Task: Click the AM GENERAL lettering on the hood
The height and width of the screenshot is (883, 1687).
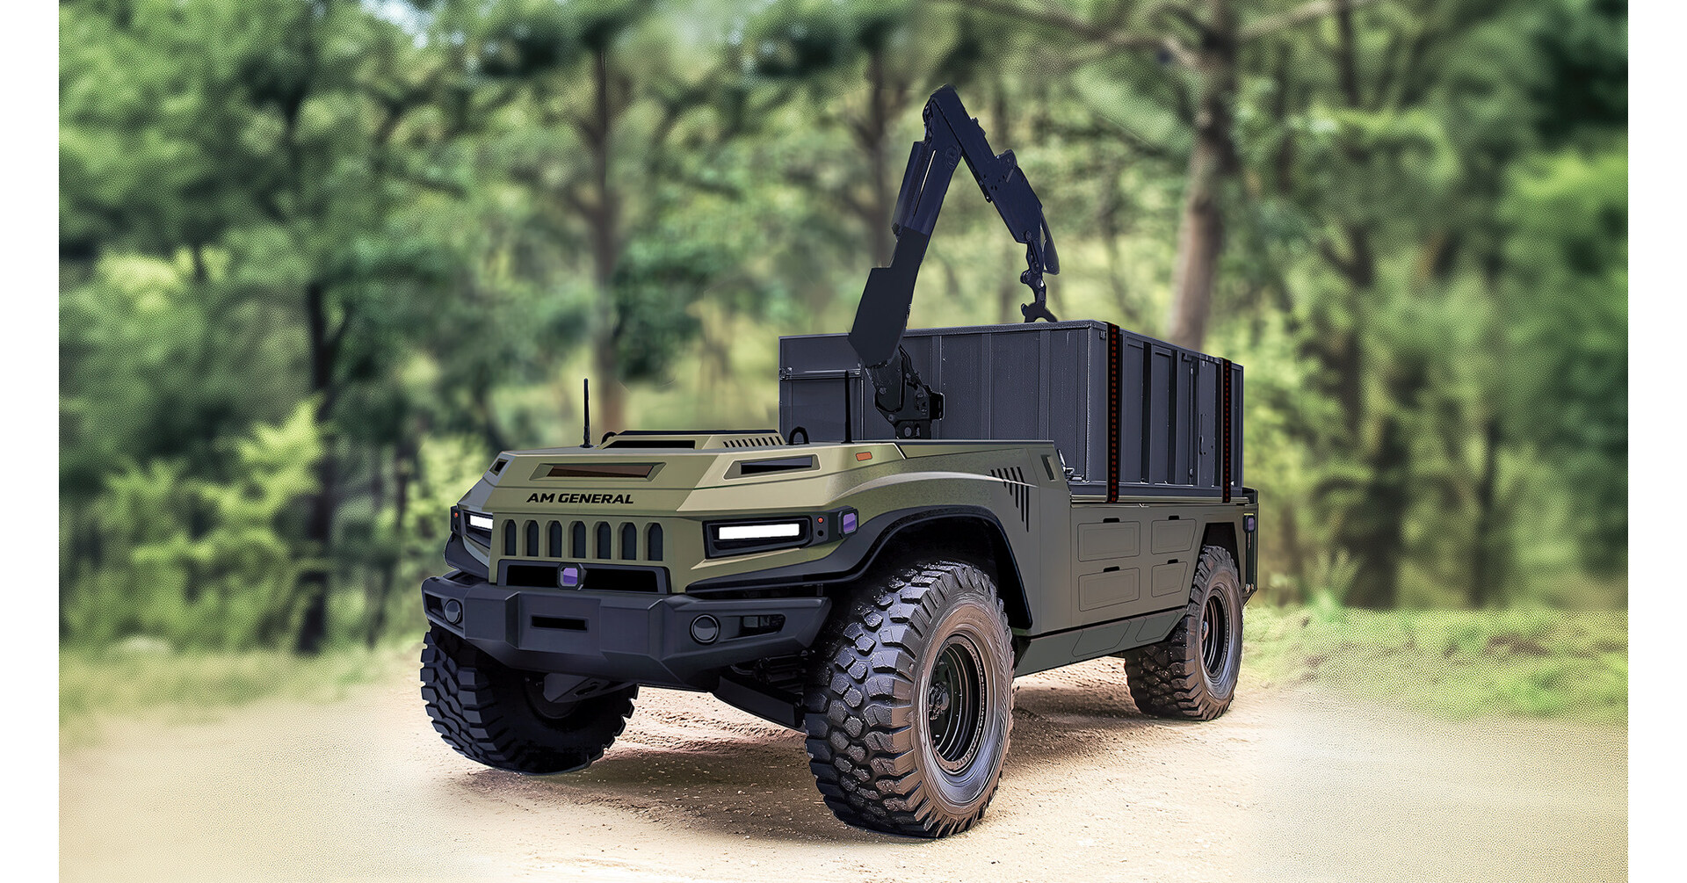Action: click(580, 498)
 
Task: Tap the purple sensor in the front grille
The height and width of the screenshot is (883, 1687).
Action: click(570, 576)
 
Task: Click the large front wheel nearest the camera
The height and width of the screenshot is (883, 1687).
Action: click(910, 698)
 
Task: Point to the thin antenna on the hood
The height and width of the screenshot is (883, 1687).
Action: click(586, 414)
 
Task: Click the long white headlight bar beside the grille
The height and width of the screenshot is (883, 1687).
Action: click(759, 531)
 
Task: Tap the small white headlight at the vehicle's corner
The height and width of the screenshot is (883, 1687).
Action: click(480, 522)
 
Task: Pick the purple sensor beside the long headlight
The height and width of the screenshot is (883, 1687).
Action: click(848, 522)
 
